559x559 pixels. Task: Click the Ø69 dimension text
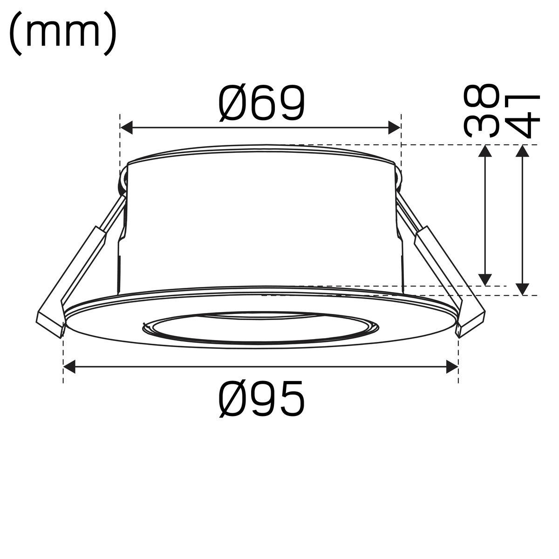tap(262, 102)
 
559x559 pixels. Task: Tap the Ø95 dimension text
tap(262, 398)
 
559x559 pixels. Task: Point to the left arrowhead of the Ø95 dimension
tap(70, 367)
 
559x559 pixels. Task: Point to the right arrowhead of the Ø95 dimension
tap(451, 367)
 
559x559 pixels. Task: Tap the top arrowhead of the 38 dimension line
tap(485, 151)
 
